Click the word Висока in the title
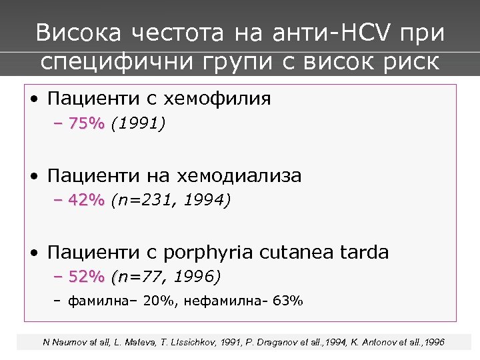(x=77, y=33)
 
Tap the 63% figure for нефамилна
(x=290, y=301)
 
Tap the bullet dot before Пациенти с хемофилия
(x=33, y=100)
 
